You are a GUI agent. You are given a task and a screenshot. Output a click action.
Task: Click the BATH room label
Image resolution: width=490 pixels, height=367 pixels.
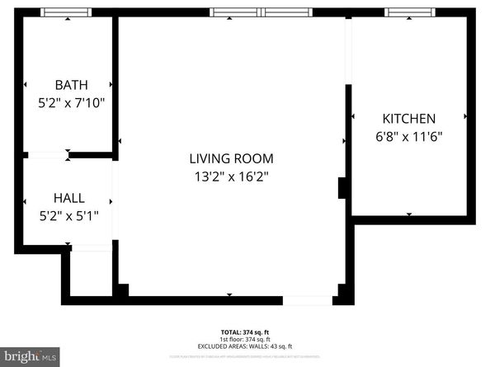tap(71, 85)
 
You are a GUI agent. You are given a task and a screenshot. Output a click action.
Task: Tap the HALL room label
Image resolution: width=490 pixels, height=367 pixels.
tap(68, 199)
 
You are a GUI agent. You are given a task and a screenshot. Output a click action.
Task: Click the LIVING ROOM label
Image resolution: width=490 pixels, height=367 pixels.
tap(231, 158)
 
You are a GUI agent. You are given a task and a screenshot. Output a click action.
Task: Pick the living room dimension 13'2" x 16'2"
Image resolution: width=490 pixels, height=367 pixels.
tap(231, 176)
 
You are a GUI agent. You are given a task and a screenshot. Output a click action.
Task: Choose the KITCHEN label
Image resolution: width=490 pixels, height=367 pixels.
tap(408, 119)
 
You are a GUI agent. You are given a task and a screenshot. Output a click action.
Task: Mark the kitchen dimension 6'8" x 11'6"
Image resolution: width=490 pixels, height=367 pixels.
tap(408, 138)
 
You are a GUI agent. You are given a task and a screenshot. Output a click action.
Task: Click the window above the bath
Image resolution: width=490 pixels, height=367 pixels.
tap(67, 12)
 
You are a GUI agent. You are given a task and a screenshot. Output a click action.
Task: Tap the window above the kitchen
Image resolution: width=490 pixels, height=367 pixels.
tap(410, 12)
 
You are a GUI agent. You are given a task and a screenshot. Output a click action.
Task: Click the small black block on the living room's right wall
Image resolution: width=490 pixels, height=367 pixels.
tap(342, 188)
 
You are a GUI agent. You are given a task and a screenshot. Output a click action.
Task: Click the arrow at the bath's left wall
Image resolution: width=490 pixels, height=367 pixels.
tap(26, 84)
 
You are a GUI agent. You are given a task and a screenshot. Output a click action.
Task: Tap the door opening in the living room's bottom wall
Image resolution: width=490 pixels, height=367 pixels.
tap(307, 300)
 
